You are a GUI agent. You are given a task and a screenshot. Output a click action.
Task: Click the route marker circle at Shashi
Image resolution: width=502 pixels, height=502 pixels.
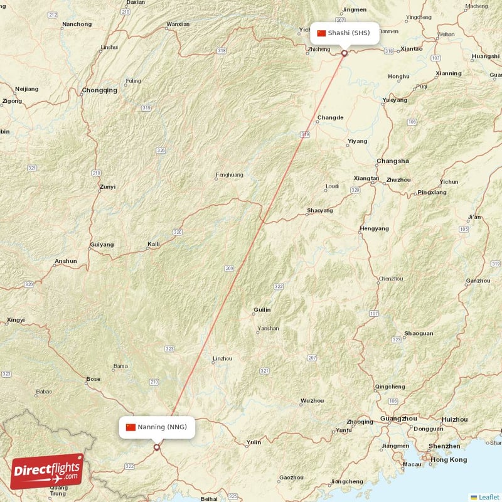[344, 53]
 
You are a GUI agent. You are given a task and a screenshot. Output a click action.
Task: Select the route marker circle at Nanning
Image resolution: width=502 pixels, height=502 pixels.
[156, 447]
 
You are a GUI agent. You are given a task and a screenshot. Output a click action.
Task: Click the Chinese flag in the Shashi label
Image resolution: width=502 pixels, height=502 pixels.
[321, 33]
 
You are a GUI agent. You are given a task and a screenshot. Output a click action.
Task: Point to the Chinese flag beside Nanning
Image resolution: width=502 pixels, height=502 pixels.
[131, 427]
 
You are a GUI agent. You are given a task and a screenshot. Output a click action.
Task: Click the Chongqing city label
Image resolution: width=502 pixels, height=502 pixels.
[99, 90]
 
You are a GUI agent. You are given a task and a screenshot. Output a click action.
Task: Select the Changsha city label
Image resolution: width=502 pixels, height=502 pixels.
[392, 161]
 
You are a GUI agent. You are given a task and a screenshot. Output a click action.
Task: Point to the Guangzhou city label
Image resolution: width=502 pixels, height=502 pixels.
[398, 419]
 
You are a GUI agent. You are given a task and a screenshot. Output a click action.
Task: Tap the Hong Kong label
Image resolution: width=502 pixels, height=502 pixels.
[448, 460]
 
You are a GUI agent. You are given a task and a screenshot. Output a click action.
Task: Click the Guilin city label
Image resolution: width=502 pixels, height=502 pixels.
[262, 310]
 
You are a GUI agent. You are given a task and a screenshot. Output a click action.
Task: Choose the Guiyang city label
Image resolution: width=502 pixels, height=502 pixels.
[102, 244]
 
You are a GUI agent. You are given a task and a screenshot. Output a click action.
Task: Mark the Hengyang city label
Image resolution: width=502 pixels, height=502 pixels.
[375, 229]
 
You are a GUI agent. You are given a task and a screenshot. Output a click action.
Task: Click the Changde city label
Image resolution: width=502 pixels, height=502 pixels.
[330, 117]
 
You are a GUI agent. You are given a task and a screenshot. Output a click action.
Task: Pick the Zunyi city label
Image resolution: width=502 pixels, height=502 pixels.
[107, 187]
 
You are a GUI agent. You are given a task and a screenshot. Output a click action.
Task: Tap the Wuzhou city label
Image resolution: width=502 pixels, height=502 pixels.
[312, 400]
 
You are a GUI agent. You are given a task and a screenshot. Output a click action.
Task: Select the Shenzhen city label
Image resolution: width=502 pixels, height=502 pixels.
[444, 446]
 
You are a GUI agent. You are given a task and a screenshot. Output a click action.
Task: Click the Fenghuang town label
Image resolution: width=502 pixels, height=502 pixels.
[229, 175]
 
